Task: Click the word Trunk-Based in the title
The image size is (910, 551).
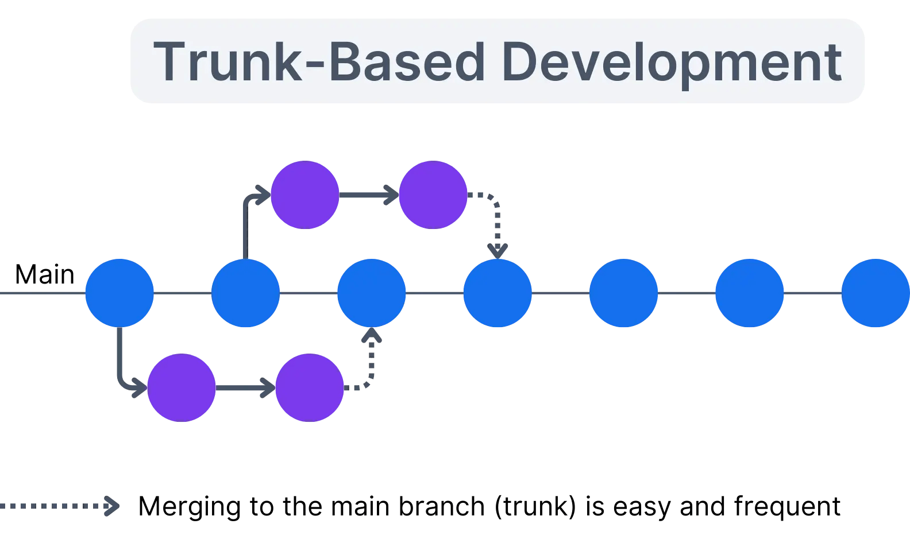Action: pyautogui.click(x=319, y=62)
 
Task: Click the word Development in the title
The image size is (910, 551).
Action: pyautogui.click(x=671, y=62)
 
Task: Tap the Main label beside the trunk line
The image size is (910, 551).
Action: pyautogui.click(x=44, y=274)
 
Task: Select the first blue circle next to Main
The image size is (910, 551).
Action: pyautogui.click(x=119, y=293)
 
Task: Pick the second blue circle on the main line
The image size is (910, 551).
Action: pyautogui.click(x=245, y=293)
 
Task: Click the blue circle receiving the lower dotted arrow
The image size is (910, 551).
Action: pyautogui.click(x=372, y=293)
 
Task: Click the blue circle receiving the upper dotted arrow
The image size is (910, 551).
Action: pyautogui.click(x=498, y=293)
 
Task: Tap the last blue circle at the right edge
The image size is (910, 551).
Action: pyautogui.click(x=875, y=293)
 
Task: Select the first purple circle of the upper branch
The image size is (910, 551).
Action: pyautogui.click(x=305, y=195)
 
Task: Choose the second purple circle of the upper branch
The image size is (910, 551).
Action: pyautogui.click(x=433, y=195)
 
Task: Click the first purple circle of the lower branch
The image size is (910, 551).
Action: pyautogui.click(x=182, y=388)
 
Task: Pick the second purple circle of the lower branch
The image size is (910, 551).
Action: pyautogui.click(x=310, y=388)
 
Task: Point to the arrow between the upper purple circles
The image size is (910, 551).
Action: pyautogui.click(x=369, y=195)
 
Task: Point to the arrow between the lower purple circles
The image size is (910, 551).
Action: pyautogui.click(x=245, y=388)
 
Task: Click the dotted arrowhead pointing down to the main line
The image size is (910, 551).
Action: pyautogui.click(x=498, y=250)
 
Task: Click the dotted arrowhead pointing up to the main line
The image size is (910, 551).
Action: pyautogui.click(x=372, y=336)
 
